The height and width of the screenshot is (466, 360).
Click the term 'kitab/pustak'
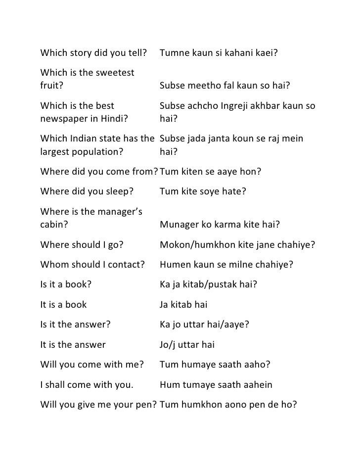(x=206, y=284)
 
